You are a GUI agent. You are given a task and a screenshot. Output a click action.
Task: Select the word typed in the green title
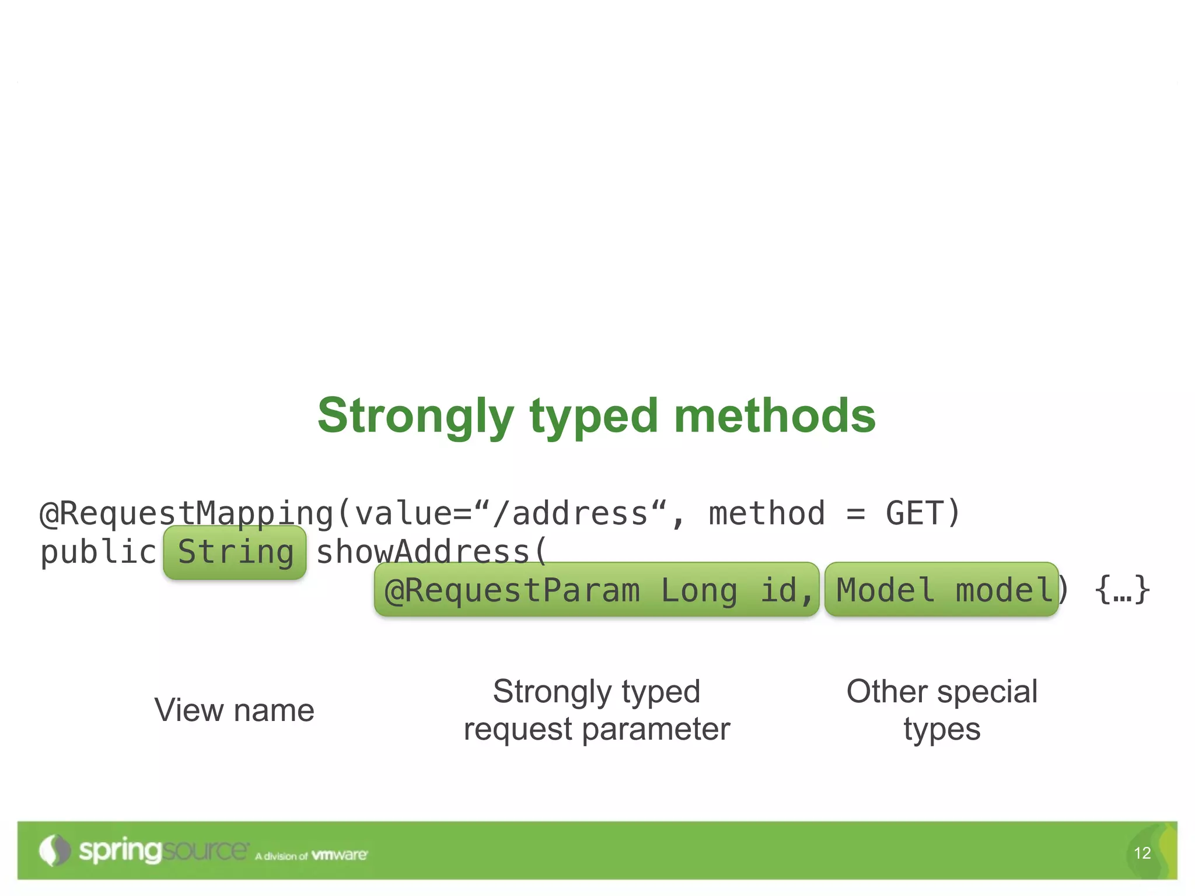[593, 416]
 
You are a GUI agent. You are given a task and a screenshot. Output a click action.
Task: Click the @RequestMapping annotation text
[186, 513]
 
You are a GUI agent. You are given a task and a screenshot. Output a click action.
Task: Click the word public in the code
[98, 552]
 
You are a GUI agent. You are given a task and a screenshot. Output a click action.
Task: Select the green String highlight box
[235, 552]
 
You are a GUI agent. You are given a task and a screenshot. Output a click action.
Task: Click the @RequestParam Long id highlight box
[597, 590]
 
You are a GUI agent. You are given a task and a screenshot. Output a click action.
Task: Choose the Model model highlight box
[941, 590]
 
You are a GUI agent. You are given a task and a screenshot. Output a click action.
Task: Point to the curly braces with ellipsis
[1122, 590]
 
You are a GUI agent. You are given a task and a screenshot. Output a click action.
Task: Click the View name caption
[235, 710]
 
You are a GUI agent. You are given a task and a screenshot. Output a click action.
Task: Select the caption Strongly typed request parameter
[596, 710]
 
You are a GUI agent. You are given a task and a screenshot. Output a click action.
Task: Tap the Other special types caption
[942, 710]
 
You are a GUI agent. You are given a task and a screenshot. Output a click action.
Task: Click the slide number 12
[1142, 853]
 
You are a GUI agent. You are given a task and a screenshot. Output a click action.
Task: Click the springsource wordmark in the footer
[163, 851]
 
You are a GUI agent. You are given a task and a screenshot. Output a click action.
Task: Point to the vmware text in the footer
[339, 855]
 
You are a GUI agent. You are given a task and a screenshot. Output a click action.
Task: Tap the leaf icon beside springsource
[54, 850]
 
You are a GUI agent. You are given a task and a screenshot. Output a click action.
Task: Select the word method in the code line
[767, 513]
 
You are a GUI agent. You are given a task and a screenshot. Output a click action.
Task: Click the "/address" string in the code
[570, 513]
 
